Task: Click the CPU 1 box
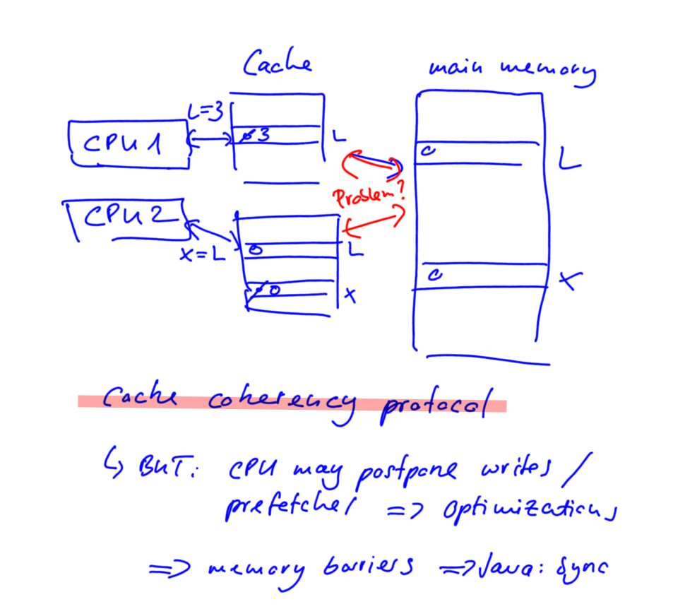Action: point(129,143)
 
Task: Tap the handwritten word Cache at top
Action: point(278,64)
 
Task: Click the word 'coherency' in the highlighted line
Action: point(281,402)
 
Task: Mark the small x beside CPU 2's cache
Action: point(349,295)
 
